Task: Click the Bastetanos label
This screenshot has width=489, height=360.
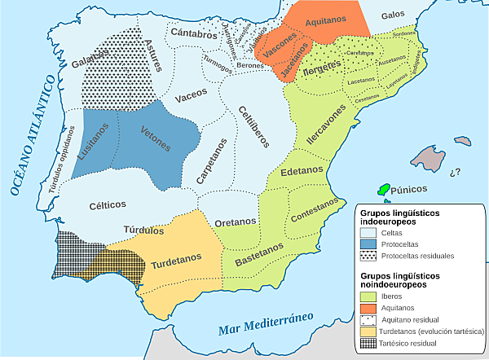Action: (260, 253)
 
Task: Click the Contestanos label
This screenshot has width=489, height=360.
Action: (313, 210)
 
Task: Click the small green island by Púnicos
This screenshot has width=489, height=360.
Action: (382, 189)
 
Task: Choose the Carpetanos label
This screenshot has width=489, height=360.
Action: (209, 160)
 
